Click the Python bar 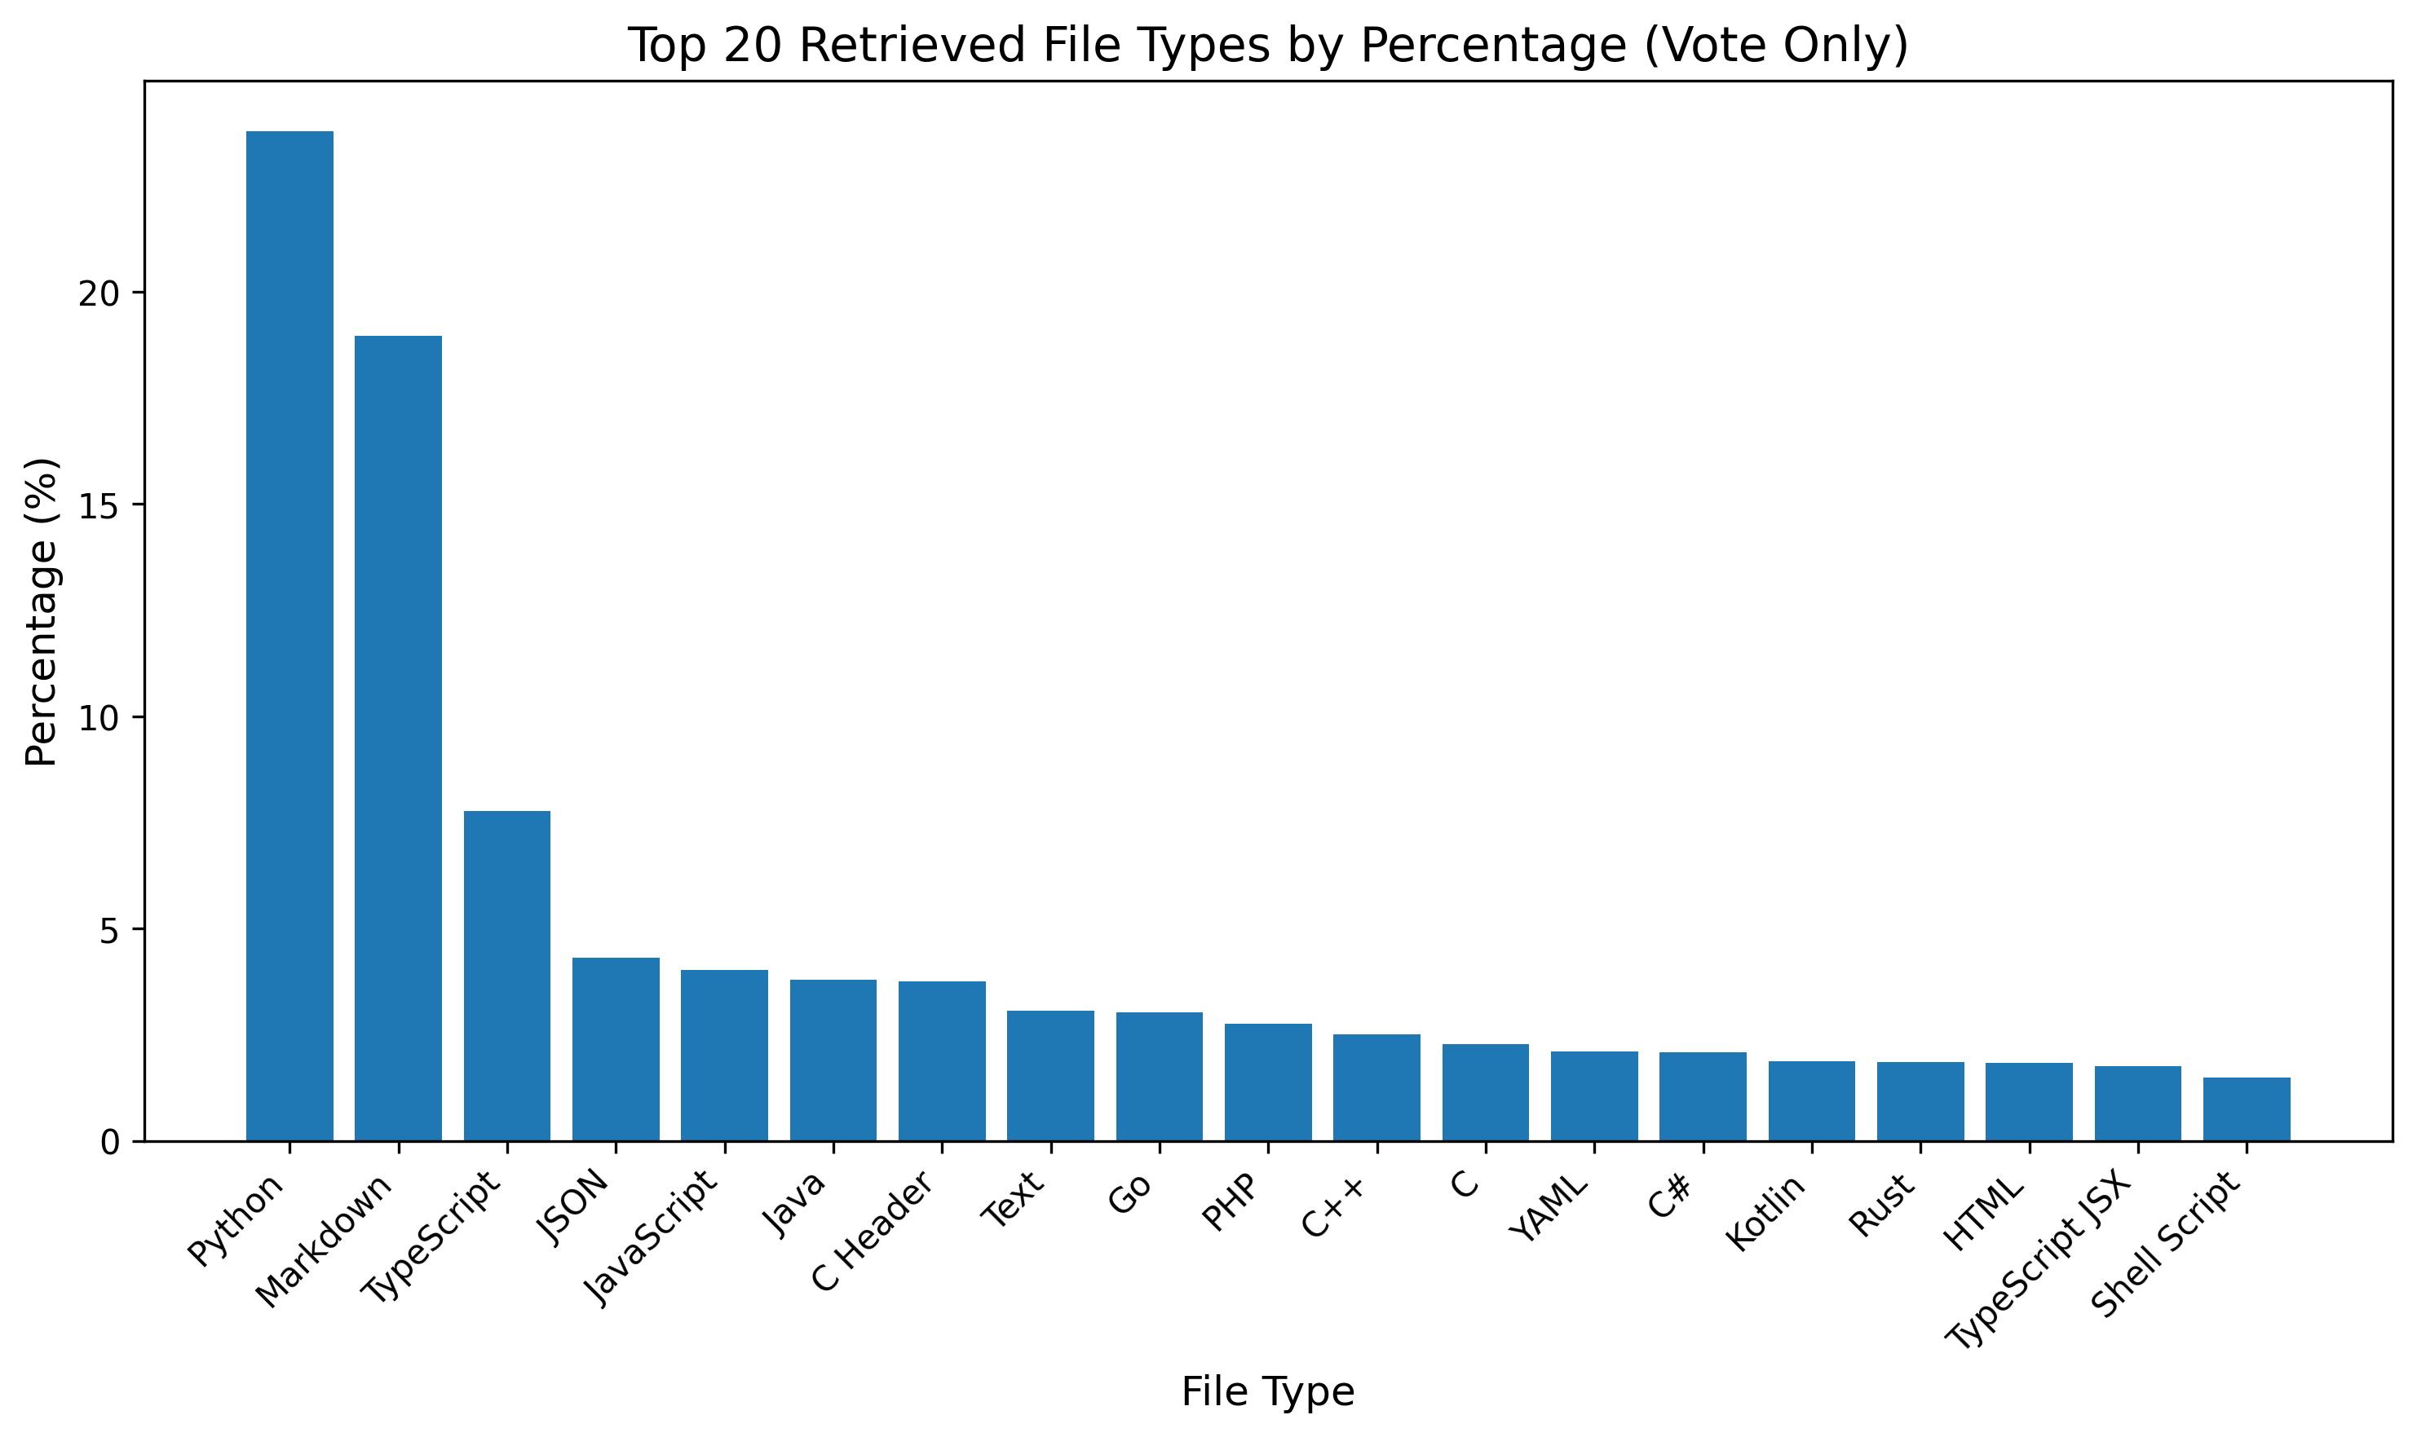[289, 637]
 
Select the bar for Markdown [398, 738]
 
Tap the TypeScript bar [506, 976]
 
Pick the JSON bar [616, 1049]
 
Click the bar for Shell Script [2247, 1109]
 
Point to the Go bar [1160, 1076]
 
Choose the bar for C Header [942, 1060]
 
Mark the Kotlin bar [1812, 1101]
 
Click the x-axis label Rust [1883, 1204]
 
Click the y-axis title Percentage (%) [41, 612]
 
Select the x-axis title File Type [1267, 1391]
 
